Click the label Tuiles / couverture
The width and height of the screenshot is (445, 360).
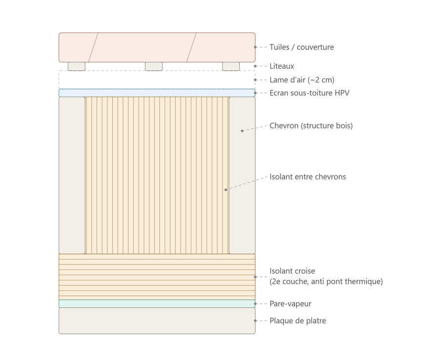(x=302, y=47)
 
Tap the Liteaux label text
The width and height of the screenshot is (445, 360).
(x=281, y=66)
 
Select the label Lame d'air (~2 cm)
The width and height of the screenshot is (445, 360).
(x=302, y=80)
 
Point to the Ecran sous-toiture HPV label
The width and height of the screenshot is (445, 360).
(x=310, y=93)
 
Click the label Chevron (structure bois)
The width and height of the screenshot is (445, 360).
(x=311, y=126)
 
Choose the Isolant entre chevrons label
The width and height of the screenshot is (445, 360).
(x=308, y=177)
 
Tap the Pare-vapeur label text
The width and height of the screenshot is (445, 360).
(x=290, y=304)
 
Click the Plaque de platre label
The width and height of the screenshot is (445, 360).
(x=298, y=321)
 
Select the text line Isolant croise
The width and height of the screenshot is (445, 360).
(x=292, y=271)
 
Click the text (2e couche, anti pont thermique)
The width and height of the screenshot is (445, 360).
(x=326, y=281)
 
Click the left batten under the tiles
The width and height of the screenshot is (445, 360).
(x=77, y=66)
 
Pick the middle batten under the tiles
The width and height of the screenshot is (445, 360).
(x=154, y=66)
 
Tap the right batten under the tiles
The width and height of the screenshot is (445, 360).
(x=231, y=66)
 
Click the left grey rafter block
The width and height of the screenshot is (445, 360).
(x=72, y=175)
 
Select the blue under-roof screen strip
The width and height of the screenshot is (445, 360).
(x=157, y=93)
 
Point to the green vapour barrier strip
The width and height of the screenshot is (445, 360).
(x=157, y=304)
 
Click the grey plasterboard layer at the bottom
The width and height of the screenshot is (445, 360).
(x=157, y=321)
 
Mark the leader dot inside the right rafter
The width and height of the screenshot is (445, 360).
(x=242, y=131)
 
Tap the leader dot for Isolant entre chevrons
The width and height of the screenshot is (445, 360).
(x=226, y=190)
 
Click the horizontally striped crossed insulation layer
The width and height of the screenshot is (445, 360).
(x=157, y=277)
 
